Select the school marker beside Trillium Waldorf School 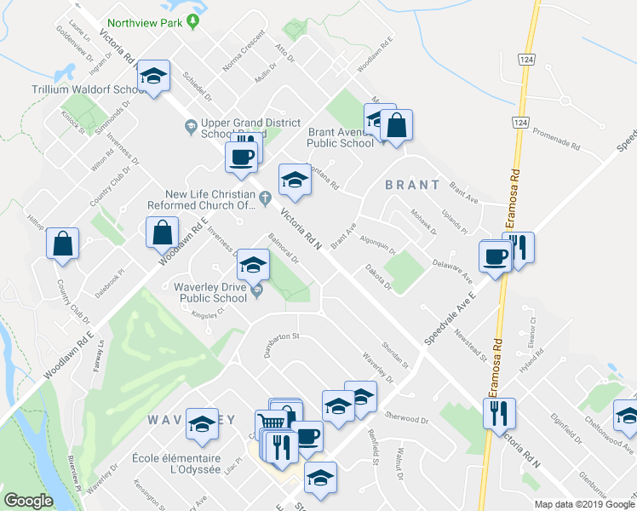pyautogui.click(x=154, y=78)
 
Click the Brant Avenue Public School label pyautogui.click(x=341, y=138)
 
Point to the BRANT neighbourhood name pyautogui.click(x=412, y=184)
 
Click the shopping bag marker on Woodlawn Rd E pyautogui.click(x=162, y=233)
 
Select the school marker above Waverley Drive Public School pyautogui.click(x=253, y=265)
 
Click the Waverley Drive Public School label pyautogui.click(x=210, y=292)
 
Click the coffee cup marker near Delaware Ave pyautogui.click(x=494, y=256)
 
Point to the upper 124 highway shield pyautogui.click(x=525, y=60)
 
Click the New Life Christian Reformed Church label pyautogui.click(x=213, y=198)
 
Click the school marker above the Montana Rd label pyautogui.click(x=295, y=180)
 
